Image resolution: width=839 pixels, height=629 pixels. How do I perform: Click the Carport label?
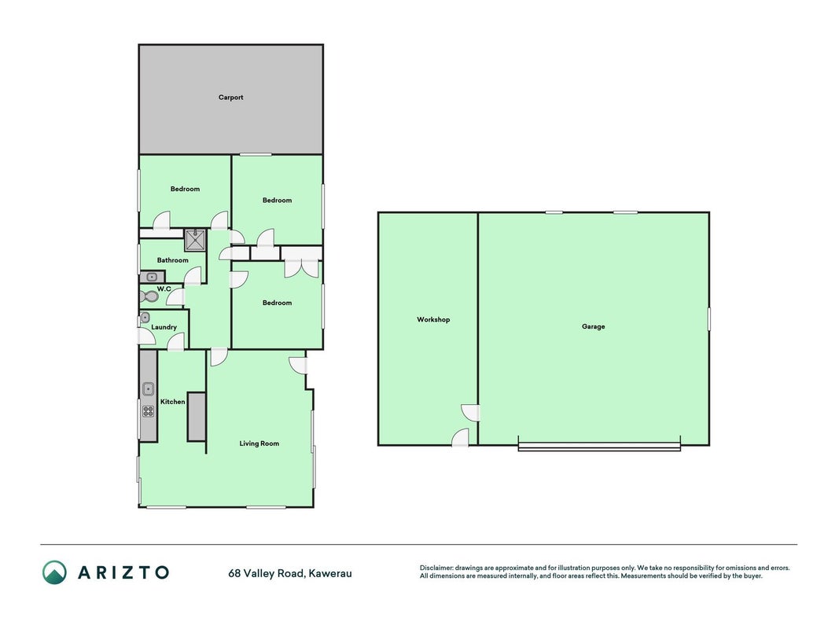[x=230, y=97]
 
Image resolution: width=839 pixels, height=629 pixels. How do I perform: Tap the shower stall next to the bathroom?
[x=195, y=240]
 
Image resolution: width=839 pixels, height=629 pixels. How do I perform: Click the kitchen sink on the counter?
[x=148, y=389]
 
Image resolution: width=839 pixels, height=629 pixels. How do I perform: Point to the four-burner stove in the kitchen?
[x=148, y=410]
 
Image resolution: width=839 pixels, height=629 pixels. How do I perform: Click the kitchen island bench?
[x=197, y=417]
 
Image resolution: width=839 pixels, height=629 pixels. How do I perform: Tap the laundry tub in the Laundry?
[x=145, y=317]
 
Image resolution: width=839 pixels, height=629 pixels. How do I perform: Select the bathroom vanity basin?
[x=153, y=277]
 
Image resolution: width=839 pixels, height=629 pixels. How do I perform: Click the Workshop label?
[x=433, y=319]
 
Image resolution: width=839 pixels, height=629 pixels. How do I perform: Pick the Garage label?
[x=594, y=326]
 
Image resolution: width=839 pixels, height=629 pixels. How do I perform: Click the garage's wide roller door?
[x=599, y=447]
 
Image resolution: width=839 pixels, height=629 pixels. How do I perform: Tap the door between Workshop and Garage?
[x=471, y=413]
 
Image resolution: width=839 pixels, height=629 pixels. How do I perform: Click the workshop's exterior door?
[x=461, y=437]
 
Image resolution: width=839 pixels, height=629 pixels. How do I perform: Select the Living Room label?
[x=259, y=443]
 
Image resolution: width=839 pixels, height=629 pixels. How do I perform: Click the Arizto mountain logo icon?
[x=54, y=572]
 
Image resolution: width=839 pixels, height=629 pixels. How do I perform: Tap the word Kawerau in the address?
[x=330, y=573]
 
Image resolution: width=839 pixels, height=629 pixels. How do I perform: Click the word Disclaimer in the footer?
[x=436, y=568]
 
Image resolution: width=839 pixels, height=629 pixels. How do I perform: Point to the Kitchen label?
[x=173, y=402]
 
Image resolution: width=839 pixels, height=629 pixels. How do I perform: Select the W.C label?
[x=164, y=289]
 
